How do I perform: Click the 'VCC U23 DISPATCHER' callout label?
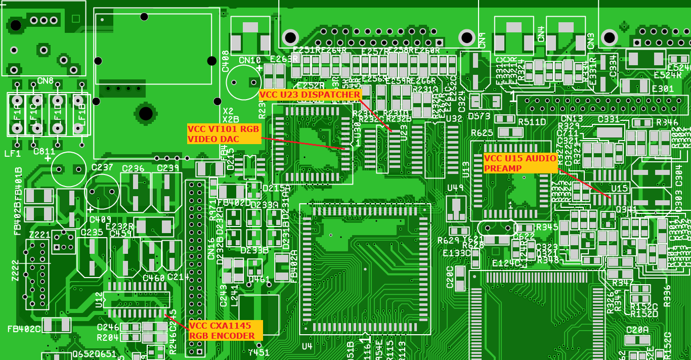pos(310,95)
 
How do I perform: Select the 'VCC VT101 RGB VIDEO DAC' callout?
pos(224,134)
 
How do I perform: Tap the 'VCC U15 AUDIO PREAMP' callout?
pos(521,163)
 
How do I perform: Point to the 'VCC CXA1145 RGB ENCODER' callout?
pos(226,330)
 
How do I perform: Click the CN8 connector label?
pos(45,81)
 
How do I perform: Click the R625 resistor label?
pos(482,133)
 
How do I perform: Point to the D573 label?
pos(479,116)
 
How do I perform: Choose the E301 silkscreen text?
pos(663,89)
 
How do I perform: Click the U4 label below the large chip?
pos(307,346)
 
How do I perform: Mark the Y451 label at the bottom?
pos(258,353)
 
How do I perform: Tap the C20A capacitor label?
pos(637,330)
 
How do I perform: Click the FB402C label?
pos(24,329)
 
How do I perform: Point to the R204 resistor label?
pos(107,337)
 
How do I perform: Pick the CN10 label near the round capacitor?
pos(250,61)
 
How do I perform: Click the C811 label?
pos(45,151)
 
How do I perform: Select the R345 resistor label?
pos(547,227)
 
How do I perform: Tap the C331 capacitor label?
pos(609,119)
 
